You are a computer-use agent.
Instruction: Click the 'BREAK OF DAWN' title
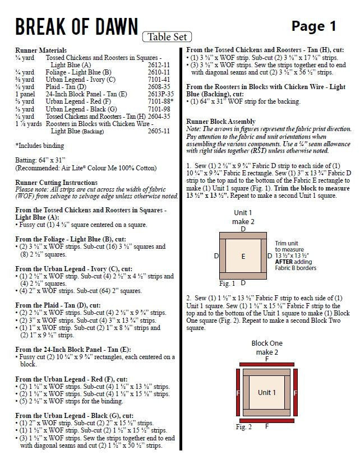76,27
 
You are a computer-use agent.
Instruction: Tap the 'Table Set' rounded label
167,38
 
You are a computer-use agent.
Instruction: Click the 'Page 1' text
313,26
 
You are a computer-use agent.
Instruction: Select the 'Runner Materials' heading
41,50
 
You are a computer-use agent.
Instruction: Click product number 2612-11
159,65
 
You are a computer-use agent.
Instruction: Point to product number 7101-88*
160,101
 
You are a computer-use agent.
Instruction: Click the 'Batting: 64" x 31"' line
43,160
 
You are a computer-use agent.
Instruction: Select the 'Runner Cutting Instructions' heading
56,183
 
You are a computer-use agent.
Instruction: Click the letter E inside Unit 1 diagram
243,256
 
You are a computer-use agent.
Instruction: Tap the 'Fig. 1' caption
227,283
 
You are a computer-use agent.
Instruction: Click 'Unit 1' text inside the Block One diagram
267,393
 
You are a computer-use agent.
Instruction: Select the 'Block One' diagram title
267,343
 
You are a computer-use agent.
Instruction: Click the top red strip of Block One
267,364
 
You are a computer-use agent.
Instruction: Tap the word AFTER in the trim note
286,262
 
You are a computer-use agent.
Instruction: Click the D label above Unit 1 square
243,229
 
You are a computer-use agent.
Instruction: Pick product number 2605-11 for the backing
159,131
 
